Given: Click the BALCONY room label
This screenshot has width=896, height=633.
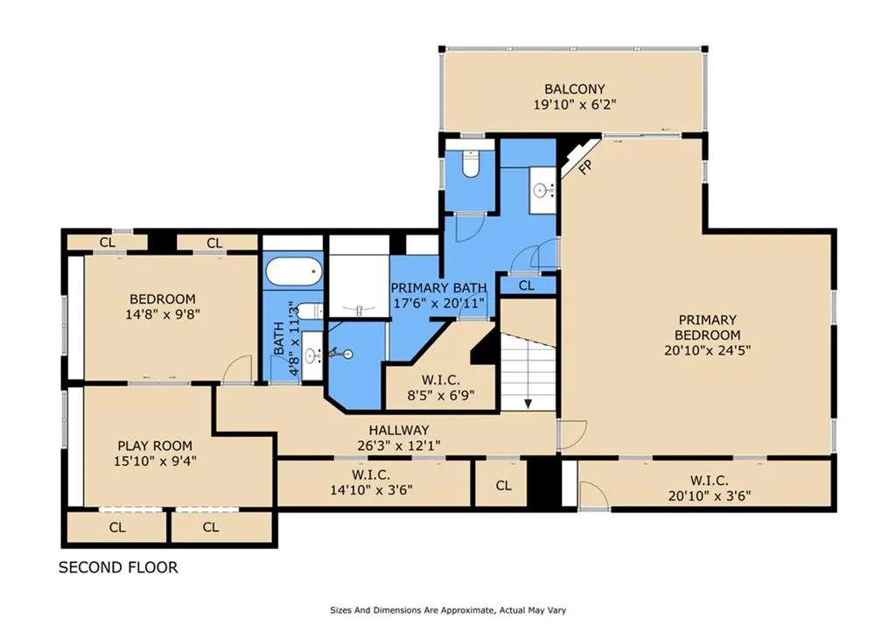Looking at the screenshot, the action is click(574, 88).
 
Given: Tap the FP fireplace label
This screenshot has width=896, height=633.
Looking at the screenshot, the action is click(585, 167).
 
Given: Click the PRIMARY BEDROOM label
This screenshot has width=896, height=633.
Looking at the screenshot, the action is click(707, 327).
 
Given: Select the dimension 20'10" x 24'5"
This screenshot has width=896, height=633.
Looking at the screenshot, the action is click(707, 350).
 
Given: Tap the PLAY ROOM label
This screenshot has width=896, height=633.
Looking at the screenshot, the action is click(155, 446).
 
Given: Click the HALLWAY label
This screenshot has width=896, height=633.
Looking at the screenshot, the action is click(399, 430).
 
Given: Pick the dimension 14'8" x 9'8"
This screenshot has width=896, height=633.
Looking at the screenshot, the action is click(163, 314).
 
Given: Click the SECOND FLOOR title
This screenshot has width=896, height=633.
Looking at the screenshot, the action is click(118, 567).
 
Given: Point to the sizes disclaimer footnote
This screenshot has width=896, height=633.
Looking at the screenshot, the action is click(448, 610).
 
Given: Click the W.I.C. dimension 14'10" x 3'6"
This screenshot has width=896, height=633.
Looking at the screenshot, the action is click(371, 490).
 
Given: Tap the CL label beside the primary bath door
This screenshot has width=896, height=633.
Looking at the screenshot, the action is click(527, 285).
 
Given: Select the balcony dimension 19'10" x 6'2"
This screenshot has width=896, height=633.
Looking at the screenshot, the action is click(575, 105).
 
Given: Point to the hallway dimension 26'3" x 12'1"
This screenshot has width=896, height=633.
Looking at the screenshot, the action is click(399, 446).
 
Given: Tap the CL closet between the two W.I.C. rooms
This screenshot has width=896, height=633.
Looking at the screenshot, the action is click(503, 485).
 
